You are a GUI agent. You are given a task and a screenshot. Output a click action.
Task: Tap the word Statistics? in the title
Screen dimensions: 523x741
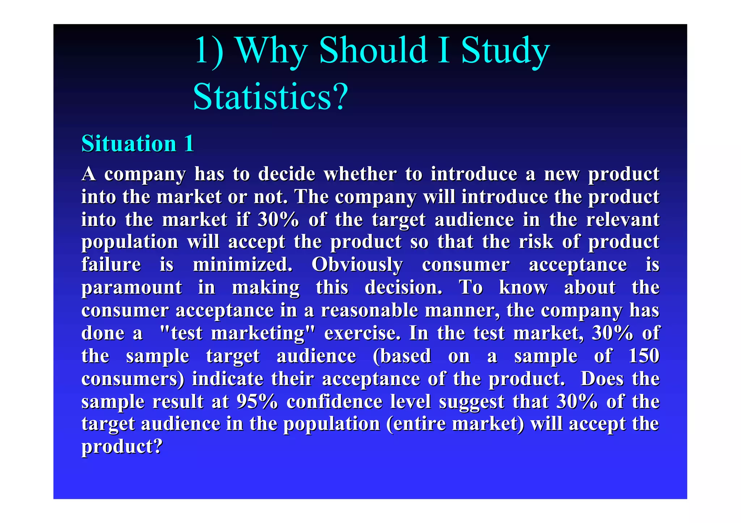[270, 97]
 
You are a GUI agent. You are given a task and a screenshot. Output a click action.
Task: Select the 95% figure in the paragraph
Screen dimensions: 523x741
[257, 401]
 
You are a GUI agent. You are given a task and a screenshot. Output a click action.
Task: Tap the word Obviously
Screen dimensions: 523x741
[357, 265]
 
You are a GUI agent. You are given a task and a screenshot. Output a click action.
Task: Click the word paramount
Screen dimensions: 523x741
[131, 288]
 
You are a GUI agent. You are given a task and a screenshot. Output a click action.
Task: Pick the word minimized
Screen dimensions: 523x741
[242, 264]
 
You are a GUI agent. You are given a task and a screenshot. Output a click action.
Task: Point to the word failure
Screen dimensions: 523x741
[111, 264]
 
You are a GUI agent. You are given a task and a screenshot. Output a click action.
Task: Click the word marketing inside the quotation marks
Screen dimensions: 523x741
[258, 333]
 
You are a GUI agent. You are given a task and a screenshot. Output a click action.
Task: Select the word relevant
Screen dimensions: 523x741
[622, 219]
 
